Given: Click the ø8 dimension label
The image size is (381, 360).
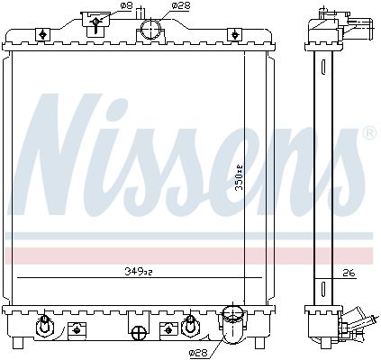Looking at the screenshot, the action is point(126,6).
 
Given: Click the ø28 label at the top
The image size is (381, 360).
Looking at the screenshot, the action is point(180,6).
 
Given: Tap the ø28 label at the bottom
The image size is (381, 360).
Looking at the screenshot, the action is point(199,354).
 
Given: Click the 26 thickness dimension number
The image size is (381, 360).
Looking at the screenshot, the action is point(349,274).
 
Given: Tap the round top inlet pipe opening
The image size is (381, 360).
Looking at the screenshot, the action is point(151,29).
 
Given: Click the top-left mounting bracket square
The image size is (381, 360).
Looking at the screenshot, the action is point(41,34).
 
